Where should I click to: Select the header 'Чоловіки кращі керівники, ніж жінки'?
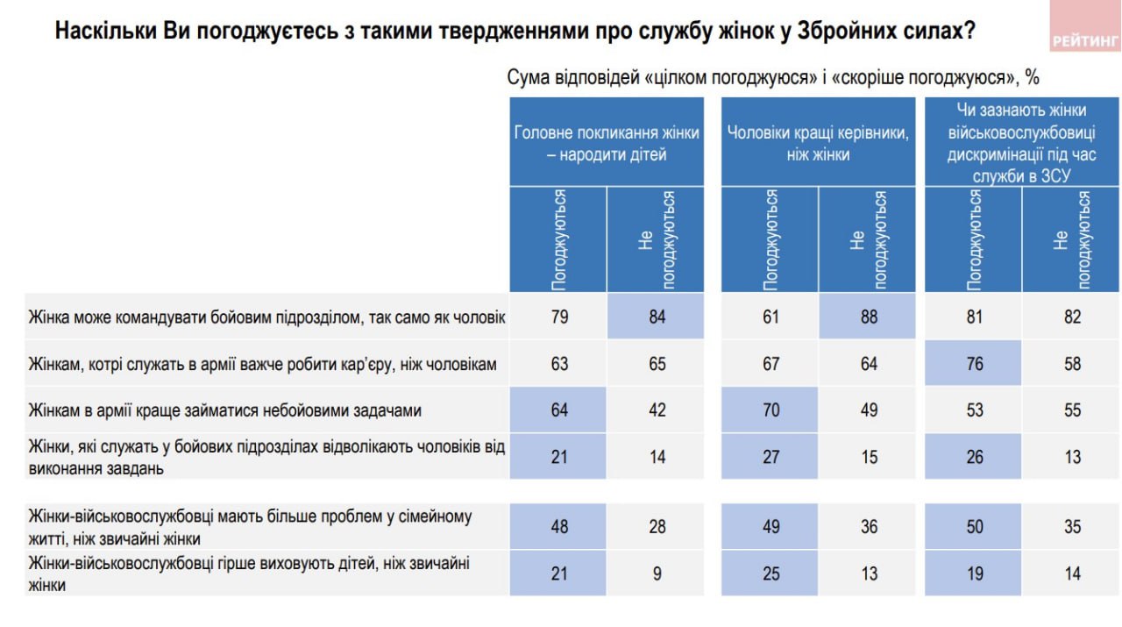(818, 143)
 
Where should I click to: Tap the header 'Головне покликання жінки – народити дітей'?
(607, 143)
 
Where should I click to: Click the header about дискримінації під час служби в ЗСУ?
(1021, 143)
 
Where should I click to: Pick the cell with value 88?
(869, 317)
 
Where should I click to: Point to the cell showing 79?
(558, 317)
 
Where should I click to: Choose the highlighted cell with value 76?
(974, 363)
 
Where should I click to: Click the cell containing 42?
(657, 410)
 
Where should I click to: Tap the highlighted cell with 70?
(770, 410)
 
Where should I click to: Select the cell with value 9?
(657, 573)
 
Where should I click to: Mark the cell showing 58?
(1072, 363)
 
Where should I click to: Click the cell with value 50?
(974, 526)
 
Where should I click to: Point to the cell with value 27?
(770, 456)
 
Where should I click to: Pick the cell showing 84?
(657, 317)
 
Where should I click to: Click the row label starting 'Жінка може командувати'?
(266, 317)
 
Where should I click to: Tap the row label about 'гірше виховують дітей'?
(249, 573)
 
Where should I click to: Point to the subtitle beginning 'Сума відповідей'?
(772, 77)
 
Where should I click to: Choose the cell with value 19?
(974, 573)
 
